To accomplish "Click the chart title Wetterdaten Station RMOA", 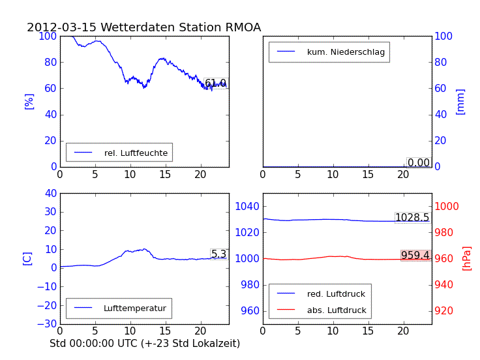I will [143, 27].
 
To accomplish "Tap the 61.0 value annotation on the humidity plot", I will [215, 83].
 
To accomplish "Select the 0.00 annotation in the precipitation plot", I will [418, 163].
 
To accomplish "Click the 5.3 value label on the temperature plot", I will [218, 254].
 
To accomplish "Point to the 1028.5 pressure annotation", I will [412, 218].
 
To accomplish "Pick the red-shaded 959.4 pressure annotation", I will [415, 256].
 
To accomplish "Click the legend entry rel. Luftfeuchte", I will [136, 153].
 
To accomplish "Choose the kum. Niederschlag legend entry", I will [346, 52].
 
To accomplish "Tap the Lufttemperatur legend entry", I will [134, 308].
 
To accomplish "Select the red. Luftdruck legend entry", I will [336, 295].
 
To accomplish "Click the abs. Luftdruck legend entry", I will [337, 310].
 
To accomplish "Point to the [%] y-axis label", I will [29, 101].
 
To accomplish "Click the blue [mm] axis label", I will [460, 102].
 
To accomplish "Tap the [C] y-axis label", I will [27, 258].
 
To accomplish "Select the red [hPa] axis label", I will [467, 258].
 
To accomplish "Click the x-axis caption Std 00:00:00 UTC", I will [145, 343].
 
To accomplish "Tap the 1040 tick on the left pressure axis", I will [248, 206].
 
